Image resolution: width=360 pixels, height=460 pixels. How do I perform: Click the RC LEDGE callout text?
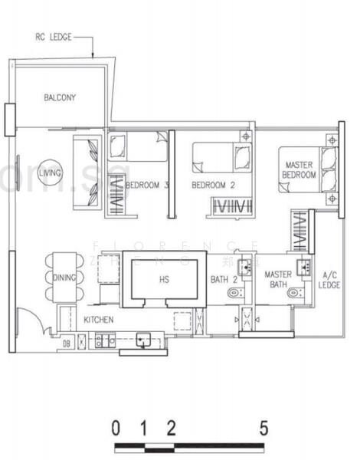(x=54, y=36)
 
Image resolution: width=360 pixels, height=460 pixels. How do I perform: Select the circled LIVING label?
(x=51, y=170)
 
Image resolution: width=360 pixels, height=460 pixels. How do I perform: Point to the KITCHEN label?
(x=99, y=319)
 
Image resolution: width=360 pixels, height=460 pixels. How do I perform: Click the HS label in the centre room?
(x=164, y=281)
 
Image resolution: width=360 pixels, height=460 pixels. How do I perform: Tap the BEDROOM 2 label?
(x=212, y=186)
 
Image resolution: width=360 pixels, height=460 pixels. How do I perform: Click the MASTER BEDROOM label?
(x=300, y=169)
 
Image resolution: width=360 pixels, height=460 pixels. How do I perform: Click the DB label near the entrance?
(x=67, y=343)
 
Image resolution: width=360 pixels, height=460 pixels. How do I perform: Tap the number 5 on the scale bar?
(x=263, y=428)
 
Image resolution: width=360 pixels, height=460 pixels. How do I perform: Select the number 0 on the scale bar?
(x=115, y=428)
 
